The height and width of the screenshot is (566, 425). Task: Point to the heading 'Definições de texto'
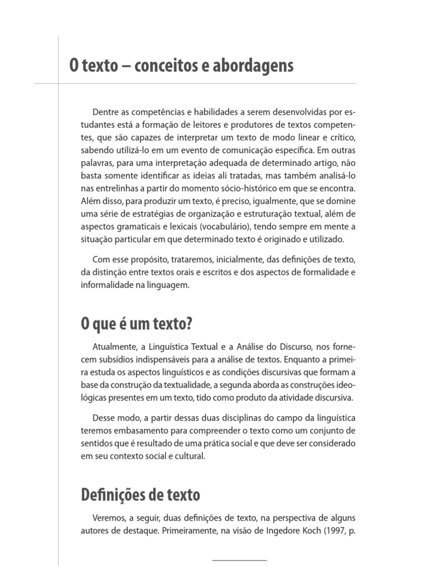coord(141,494)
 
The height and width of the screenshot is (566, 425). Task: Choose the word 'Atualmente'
coord(113,347)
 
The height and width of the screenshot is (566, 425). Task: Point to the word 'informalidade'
coord(106,285)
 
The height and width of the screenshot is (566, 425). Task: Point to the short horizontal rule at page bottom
coord(239,560)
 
